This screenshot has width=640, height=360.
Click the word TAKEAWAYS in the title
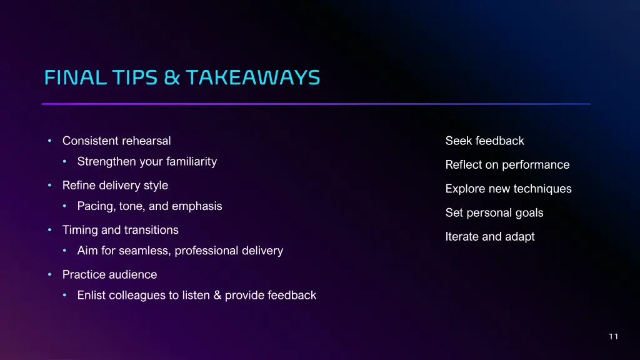pos(252,77)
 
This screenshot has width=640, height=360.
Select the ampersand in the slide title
pos(173,77)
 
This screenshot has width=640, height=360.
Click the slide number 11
pos(613,337)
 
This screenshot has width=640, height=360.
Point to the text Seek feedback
pos(484,141)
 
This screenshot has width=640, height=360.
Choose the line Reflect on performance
pos(507,165)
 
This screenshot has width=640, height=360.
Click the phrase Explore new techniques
pos(508,189)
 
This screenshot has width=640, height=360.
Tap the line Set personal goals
pos(494,213)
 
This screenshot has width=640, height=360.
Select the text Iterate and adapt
pos(489,237)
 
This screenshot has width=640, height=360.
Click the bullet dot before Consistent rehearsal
pos(50,141)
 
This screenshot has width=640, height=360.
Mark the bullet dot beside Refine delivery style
pos(50,186)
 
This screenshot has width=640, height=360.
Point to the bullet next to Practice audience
pos(50,275)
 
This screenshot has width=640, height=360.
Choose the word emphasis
pos(197,206)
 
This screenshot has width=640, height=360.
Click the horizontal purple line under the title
pos(316,104)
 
